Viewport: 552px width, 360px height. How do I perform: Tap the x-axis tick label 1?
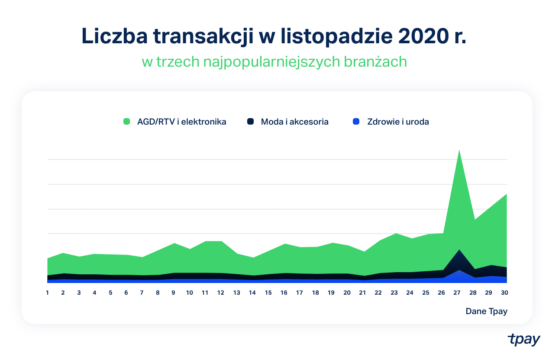pyautogui.click(x=47, y=292)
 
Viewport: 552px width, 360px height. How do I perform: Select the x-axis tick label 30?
pyautogui.click(x=504, y=292)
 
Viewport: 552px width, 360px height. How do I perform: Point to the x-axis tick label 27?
pyautogui.click(x=457, y=292)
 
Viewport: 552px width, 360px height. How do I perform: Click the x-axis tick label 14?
pyautogui.click(x=252, y=292)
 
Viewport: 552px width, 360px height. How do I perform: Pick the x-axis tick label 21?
pyautogui.click(x=362, y=292)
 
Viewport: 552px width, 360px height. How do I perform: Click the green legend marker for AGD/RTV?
pyautogui.click(x=127, y=122)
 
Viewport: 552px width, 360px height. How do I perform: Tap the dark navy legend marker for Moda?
pyautogui.click(x=250, y=122)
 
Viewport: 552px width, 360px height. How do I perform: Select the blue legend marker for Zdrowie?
pyautogui.click(x=356, y=122)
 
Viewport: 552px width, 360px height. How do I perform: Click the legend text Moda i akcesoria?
pyautogui.click(x=294, y=122)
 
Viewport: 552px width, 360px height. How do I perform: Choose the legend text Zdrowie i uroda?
pyautogui.click(x=398, y=122)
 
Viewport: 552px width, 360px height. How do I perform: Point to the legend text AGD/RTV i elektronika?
pyautogui.click(x=181, y=122)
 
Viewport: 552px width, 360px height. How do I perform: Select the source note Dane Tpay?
pyautogui.click(x=486, y=311)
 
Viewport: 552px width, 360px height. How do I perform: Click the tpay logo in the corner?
pyautogui.click(x=524, y=339)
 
